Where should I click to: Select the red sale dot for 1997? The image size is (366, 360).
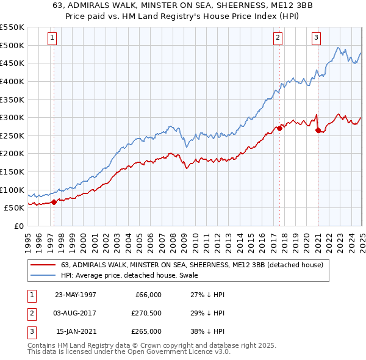click(x=54, y=202)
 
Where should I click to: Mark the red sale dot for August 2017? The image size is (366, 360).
click(x=279, y=128)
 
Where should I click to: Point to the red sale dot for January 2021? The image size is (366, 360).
click(x=318, y=130)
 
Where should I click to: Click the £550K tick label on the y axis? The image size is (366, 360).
click(x=12, y=27)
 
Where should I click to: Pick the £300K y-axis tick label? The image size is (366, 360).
click(x=12, y=117)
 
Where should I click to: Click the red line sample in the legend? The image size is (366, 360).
click(x=43, y=265)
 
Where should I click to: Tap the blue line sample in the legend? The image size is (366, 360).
click(x=43, y=275)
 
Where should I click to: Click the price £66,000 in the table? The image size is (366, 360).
click(x=148, y=295)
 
